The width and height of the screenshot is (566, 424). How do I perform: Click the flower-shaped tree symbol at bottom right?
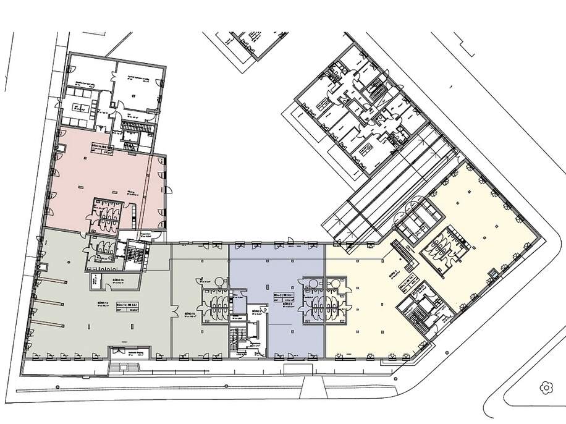[546, 388]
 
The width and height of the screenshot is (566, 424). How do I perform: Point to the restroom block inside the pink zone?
[107, 214]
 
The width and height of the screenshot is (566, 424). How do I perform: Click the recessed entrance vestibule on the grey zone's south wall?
[127, 352]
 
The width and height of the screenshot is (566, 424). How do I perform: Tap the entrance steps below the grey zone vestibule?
[127, 367]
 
